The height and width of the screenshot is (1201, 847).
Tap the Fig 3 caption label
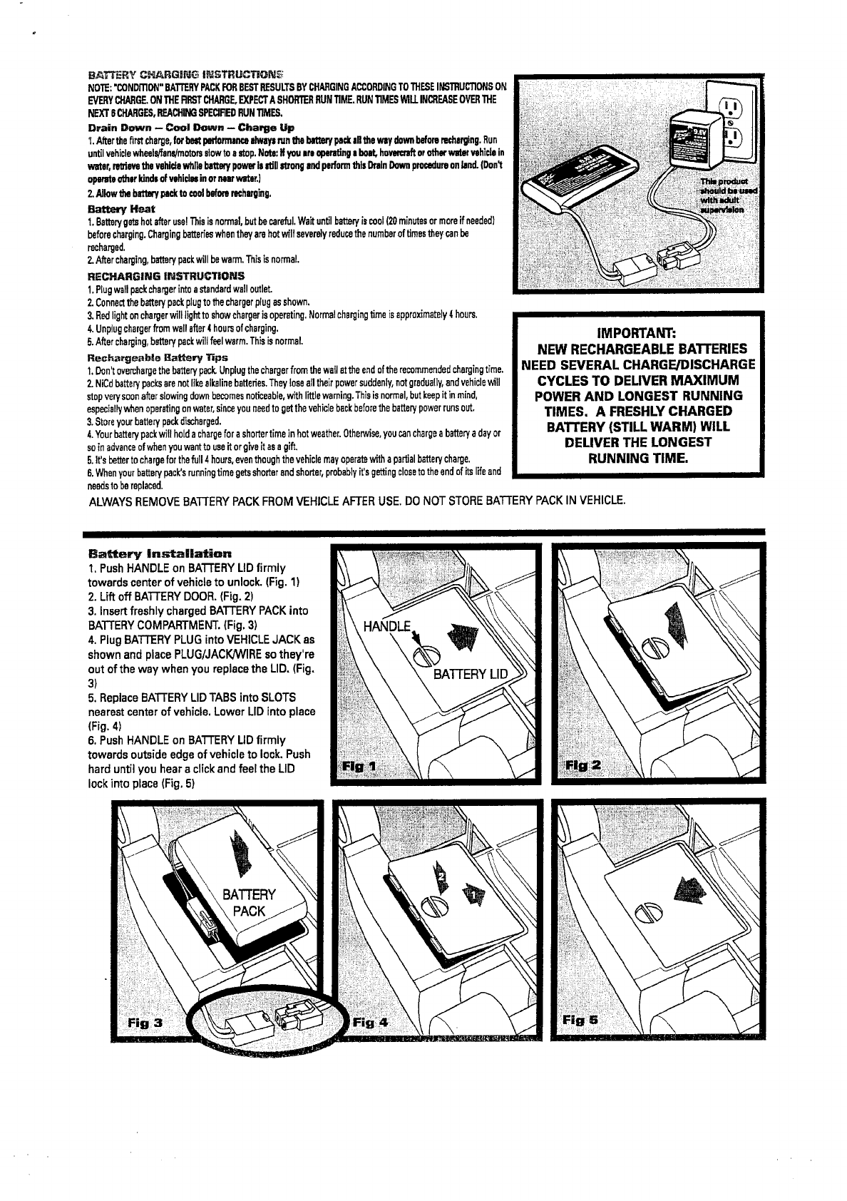coord(145,1022)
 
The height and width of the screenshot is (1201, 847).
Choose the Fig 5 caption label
coord(579,1021)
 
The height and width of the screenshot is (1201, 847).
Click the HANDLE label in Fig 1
coord(387,627)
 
